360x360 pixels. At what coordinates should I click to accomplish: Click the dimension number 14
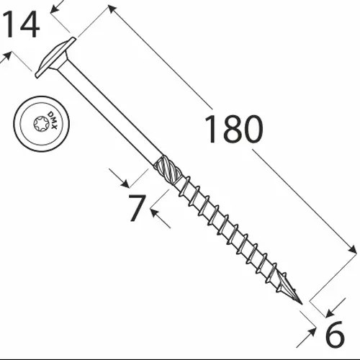pos(19,27)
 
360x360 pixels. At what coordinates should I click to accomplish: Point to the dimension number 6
pos(335,336)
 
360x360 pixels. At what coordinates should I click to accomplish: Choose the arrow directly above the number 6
pos(330,312)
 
